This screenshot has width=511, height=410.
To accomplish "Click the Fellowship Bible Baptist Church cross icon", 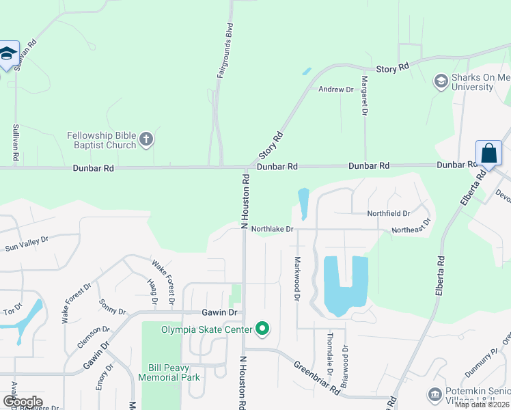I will click(146, 140).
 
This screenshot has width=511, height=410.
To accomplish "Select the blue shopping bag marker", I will click(489, 153).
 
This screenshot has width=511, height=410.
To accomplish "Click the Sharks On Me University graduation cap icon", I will click(441, 82).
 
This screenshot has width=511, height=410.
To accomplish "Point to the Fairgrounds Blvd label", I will click(221, 51).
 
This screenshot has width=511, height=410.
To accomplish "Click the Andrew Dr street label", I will click(335, 90).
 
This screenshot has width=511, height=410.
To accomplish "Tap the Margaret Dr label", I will click(365, 95).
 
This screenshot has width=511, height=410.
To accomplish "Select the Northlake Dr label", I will click(271, 229).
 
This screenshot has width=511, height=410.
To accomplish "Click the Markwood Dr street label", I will click(297, 278).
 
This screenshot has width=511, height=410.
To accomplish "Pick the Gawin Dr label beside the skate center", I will click(219, 312).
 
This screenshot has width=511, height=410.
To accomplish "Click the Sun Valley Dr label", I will click(27, 244).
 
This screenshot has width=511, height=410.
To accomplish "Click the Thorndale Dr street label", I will click(329, 354).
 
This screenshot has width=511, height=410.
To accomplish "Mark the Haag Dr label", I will click(152, 291).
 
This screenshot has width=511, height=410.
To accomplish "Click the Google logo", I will click(23, 402).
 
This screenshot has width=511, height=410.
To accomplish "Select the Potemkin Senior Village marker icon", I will click(434, 394).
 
